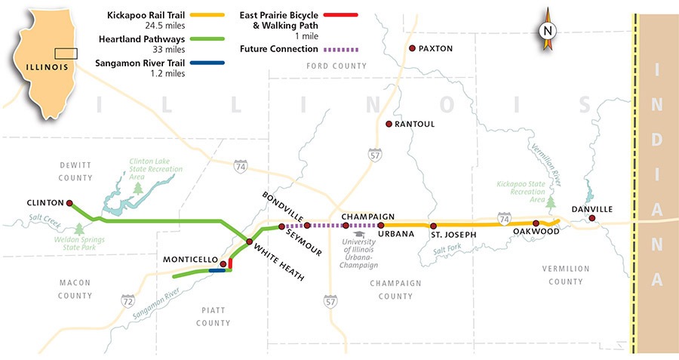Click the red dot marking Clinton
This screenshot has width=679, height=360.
tap(70, 203)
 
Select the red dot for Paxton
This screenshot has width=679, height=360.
tap(412, 48)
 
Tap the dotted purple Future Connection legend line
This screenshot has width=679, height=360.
tap(341, 49)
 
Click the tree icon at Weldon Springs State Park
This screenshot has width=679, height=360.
tap(77, 228)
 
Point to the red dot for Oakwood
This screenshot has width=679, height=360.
tap(536, 223)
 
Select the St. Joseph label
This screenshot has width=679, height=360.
tap(453, 235)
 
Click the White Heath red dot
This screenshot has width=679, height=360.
tap(249, 242)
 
